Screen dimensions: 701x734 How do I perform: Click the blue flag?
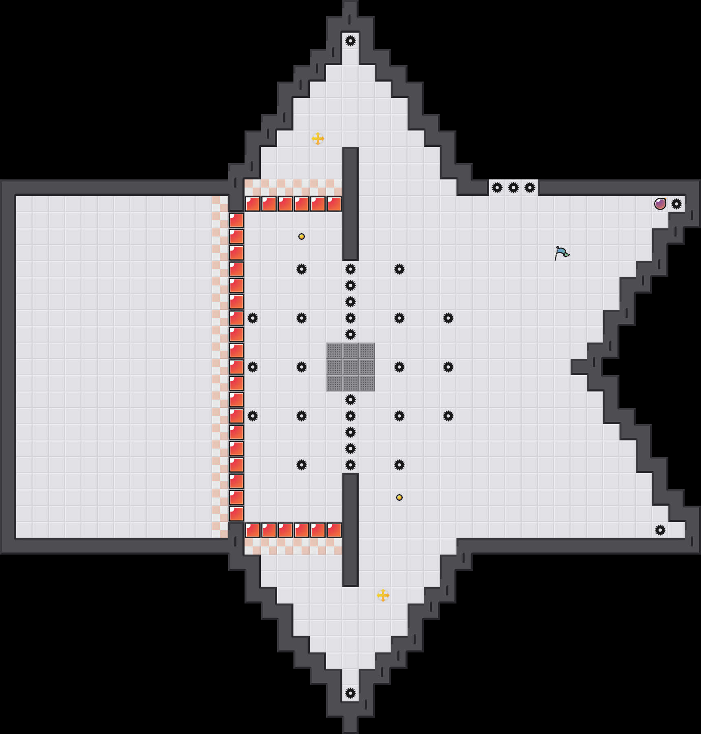point(562,253)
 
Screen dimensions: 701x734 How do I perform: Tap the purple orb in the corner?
point(660,203)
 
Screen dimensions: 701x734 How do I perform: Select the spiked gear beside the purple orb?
point(677,203)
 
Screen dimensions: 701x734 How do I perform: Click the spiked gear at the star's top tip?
point(350,40)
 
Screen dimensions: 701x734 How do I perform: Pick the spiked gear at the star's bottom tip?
point(350,693)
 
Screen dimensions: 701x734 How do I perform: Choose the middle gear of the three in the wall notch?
point(514,188)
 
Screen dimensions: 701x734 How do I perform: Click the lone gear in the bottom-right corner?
point(660,530)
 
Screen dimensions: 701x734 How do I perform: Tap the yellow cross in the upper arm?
point(318,139)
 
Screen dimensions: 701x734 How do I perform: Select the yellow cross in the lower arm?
point(383,595)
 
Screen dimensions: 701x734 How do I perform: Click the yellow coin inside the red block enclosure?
point(302,237)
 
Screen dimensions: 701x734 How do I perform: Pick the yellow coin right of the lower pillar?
point(399,497)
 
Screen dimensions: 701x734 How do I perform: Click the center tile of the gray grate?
point(350,367)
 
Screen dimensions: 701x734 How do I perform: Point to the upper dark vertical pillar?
point(350,203)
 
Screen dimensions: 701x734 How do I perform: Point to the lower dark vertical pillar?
point(350,530)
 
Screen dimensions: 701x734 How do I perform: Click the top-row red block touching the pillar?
point(334,203)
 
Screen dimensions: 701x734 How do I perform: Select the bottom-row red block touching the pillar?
point(334,530)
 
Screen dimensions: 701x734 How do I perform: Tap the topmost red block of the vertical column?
point(236,220)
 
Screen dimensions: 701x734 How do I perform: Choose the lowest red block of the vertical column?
point(236,513)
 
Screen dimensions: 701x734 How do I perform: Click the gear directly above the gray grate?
point(350,334)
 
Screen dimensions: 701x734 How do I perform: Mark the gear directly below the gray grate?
point(350,399)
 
